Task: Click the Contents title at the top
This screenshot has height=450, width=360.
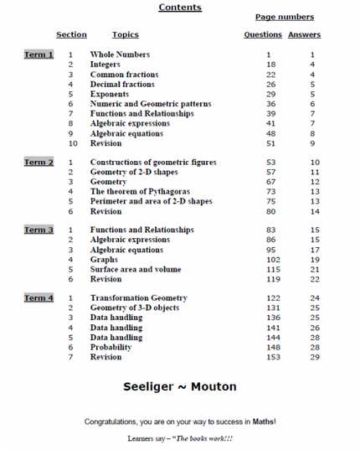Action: tap(180, 8)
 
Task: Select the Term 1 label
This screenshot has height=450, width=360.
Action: tap(39, 54)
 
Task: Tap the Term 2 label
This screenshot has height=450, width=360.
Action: tap(39, 163)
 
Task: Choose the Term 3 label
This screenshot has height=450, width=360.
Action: tap(39, 230)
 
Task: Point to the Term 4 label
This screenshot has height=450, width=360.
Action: tap(39, 298)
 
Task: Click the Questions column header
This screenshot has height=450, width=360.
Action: tap(263, 35)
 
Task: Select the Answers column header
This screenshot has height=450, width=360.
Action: tap(305, 35)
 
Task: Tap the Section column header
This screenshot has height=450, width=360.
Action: tap(71, 35)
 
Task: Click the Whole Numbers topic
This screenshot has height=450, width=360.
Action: tap(120, 54)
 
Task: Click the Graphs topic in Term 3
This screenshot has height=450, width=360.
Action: tap(106, 260)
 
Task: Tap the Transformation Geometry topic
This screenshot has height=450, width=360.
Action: tap(139, 298)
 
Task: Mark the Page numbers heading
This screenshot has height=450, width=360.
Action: tap(285, 17)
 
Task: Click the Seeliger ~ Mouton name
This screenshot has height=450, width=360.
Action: tap(180, 387)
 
